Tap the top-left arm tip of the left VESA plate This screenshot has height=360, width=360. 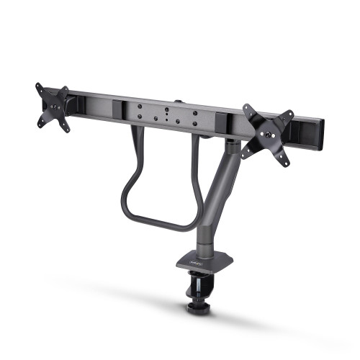(37, 87)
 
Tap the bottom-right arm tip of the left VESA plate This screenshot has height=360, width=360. (67, 130)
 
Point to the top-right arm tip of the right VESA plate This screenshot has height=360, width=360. (289, 114)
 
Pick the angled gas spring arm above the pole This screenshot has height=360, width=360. (220, 191)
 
